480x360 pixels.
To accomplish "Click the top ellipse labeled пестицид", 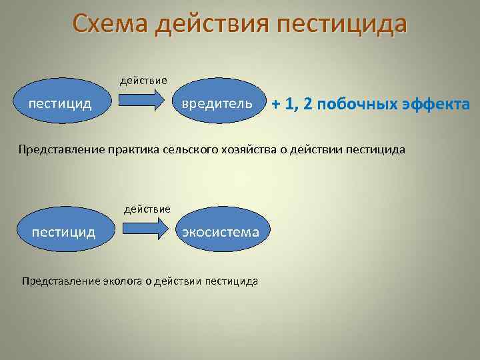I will click(59, 103).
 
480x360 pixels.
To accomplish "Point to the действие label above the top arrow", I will click(143, 81).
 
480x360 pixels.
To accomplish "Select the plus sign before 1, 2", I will click(276, 105).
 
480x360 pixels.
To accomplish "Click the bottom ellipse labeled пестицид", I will click(63, 232).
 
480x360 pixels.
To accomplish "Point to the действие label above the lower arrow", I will click(147, 209).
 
